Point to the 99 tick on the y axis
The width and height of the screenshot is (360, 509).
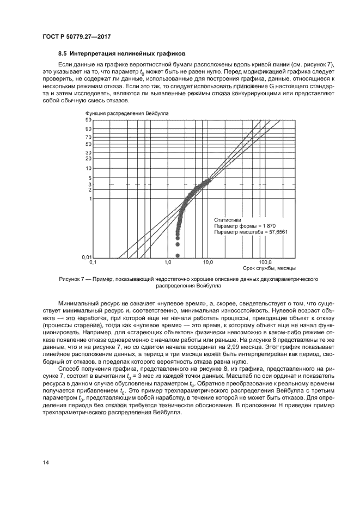coord(88,119)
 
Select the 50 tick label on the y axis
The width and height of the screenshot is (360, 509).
coord(88,144)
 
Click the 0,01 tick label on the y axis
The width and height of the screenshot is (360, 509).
coord(86,256)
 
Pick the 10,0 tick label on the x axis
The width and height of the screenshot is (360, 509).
coord(208,262)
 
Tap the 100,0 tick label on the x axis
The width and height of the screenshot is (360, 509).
coord(265,262)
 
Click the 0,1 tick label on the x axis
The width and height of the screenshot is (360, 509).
coord(93,262)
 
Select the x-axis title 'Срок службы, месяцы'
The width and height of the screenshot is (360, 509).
coord(269,268)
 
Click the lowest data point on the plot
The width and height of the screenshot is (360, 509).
coord(178,255)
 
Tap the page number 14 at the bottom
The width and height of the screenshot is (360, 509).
coord(46,462)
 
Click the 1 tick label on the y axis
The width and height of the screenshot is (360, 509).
coord(89,199)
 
